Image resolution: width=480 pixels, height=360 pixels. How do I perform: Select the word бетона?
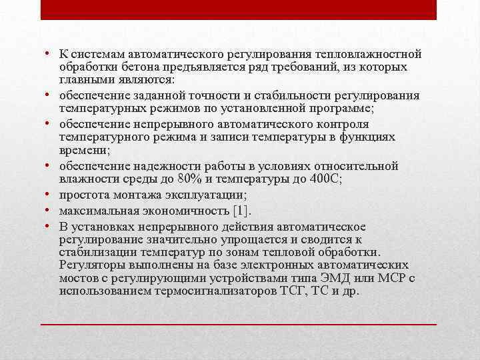(135, 67)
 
